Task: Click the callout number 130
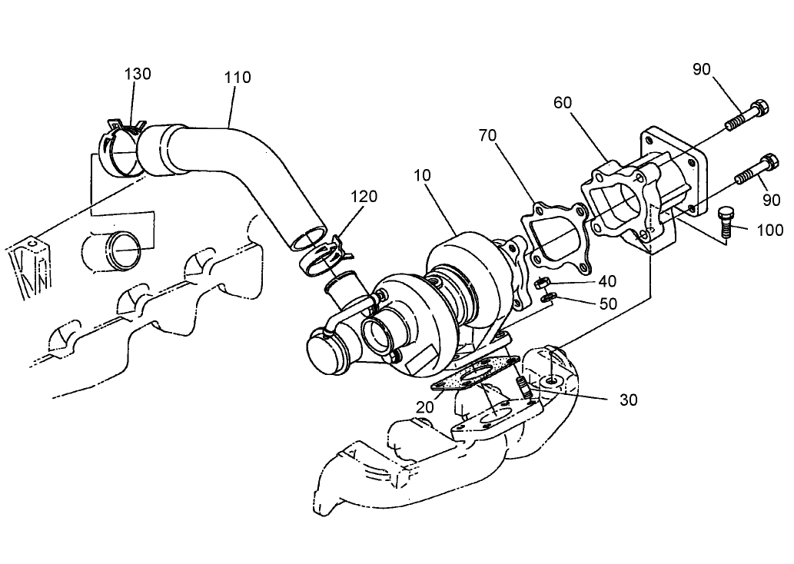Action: point(138,74)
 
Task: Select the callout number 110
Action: point(238,78)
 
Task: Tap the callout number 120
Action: point(364,196)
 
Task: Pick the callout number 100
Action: point(769,230)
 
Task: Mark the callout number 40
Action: point(607,280)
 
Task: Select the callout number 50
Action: point(608,304)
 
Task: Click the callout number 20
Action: point(425,407)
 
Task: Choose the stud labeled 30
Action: point(523,387)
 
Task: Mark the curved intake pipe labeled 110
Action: point(254,169)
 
